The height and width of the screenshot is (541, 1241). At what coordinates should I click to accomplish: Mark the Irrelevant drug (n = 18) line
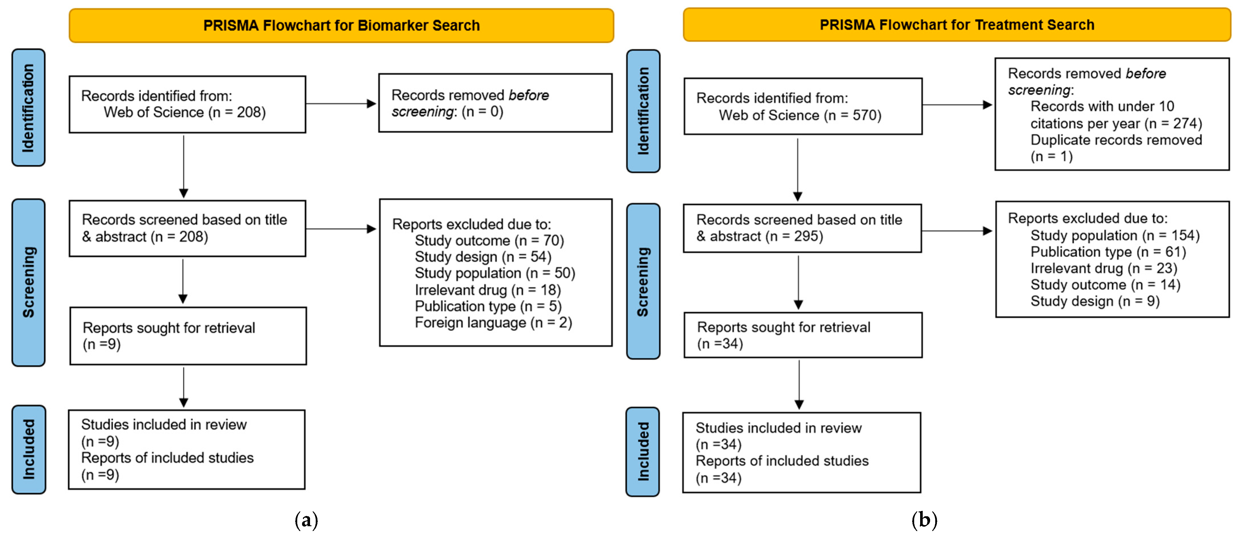[487, 290]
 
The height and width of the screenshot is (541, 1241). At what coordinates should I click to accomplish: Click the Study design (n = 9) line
[1095, 301]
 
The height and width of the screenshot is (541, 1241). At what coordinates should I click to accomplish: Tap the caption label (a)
[306, 520]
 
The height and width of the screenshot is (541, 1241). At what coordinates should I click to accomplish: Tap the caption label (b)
[924, 520]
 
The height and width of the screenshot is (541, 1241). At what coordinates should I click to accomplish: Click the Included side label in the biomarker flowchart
[29, 449]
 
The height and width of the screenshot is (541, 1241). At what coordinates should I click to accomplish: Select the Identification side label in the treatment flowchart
[643, 111]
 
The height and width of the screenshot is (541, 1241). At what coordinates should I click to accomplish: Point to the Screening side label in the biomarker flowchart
[29, 282]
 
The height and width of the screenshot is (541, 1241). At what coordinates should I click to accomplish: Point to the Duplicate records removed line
[1116, 140]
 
